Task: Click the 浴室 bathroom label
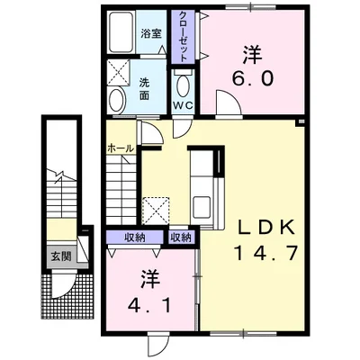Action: point(151,34)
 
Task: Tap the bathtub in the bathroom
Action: point(121,32)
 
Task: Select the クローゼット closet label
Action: point(183,37)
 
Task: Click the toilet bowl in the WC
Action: point(183,85)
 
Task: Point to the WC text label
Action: point(184,105)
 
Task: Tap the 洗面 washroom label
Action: point(145,89)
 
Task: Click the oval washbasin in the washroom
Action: point(117,100)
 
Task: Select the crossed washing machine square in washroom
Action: point(119,72)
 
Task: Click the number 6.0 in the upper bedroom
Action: point(252,78)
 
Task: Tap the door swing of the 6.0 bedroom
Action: point(228,103)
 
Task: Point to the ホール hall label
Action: point(121,148)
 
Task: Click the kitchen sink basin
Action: point(202,208)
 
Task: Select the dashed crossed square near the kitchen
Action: point(156,211)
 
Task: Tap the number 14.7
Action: point(265,253)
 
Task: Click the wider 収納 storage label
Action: point(135,238)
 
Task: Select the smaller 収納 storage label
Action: point(181,238)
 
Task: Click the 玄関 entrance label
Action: point(61,256)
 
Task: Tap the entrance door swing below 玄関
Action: point(62,284)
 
